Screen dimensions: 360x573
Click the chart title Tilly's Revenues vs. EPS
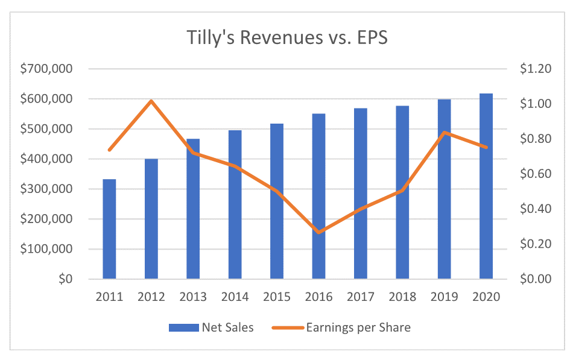click(x=286, y=37)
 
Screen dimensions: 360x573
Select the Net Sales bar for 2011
click(x=109, y=229)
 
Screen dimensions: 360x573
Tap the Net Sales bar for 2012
click(x=151, y=219)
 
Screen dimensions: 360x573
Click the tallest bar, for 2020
click(x=486, y=186)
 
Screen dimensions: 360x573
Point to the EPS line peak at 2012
click(x=151, y=101)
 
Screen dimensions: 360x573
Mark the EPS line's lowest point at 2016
click(x=318, y=232)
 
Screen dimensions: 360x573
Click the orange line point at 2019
click(x=444, y=133)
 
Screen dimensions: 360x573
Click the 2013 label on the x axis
click(x=192, y=297)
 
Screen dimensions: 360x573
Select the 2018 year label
click(x=402, y=297)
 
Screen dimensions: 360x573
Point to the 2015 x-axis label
click(x=276, y=297)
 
